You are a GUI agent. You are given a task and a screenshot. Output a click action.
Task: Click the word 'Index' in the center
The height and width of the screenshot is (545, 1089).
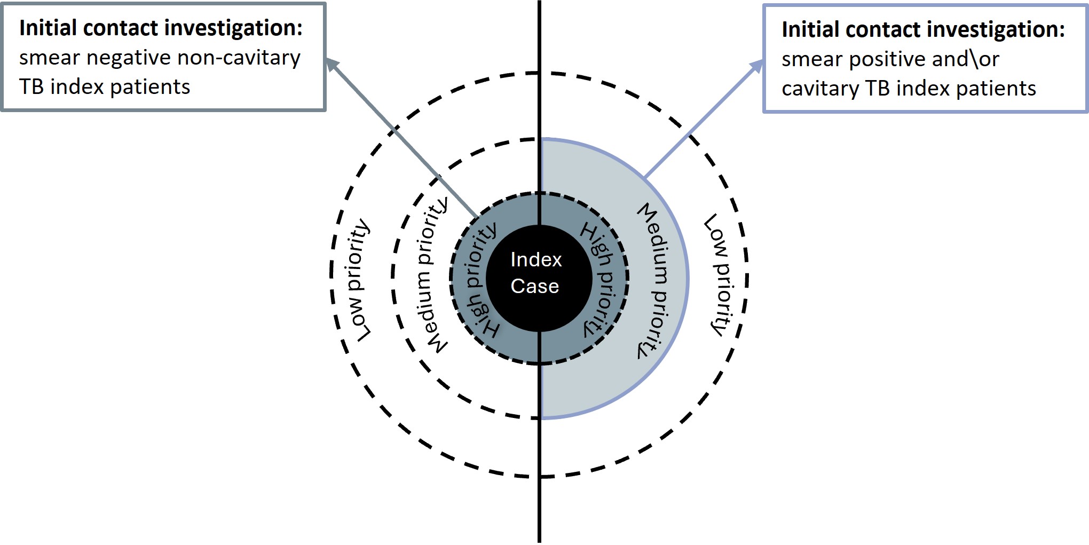536,260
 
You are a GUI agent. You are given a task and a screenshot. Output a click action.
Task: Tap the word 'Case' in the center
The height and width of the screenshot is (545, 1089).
534,286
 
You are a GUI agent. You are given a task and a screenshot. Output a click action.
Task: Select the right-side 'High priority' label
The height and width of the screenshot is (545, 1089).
601,279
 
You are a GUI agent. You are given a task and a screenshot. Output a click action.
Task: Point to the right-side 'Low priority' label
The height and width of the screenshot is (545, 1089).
720,275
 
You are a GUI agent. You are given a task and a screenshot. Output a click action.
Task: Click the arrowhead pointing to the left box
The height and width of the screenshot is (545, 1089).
332,64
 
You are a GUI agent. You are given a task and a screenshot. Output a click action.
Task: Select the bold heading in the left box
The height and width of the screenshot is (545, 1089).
161,28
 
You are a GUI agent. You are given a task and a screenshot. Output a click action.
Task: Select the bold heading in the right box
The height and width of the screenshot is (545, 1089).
923,29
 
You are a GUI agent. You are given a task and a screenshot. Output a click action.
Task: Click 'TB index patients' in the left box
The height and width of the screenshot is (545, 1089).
105,87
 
